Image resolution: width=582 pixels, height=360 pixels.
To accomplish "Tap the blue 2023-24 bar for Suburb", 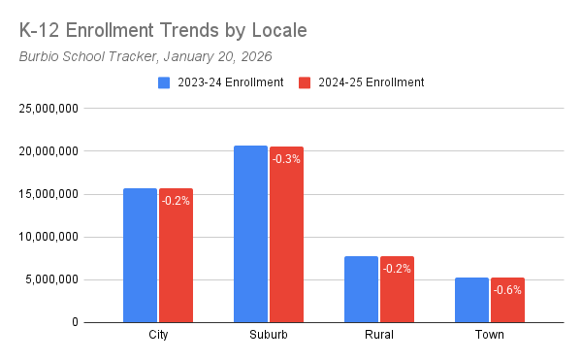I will (250, 234).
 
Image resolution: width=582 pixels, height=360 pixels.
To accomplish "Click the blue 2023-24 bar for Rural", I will (361, 289).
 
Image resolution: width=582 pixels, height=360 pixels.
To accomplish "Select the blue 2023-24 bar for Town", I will (471, 300).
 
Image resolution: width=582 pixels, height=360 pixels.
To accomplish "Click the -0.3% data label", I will (287, 158).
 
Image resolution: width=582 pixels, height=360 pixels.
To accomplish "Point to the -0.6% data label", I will (508, 289).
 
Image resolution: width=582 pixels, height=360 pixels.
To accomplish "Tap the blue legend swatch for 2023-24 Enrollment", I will (164, 82).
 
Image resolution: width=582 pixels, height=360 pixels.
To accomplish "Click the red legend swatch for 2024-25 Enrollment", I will (305, 82).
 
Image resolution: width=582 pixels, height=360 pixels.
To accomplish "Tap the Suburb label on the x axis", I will (268, 336).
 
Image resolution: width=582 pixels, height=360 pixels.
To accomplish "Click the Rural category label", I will (378, 336).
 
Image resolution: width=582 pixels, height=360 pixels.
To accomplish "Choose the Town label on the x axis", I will (489, 336).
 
